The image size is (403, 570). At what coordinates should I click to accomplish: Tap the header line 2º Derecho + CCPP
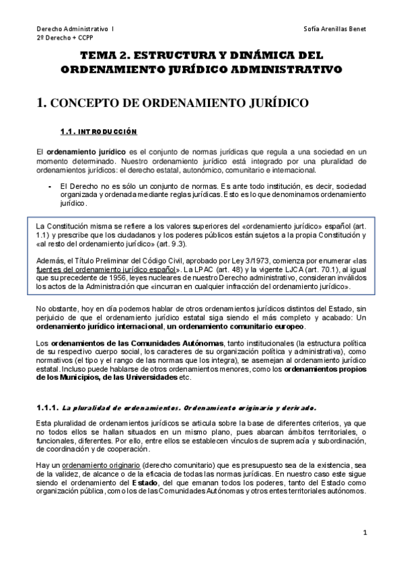click(x=66, y=39)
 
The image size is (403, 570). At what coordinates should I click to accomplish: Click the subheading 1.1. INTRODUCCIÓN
click(x=98, y=131)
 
